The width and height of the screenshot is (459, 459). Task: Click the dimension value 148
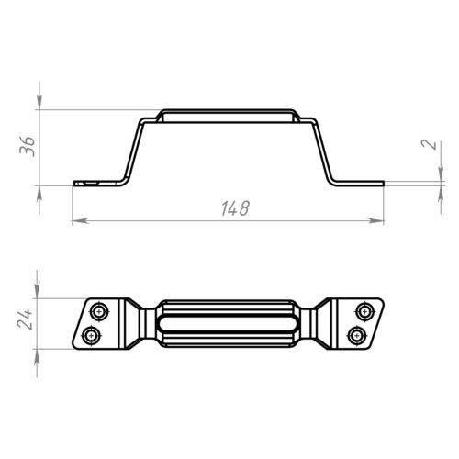click(235, 208)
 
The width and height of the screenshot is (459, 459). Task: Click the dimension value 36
click(27, 146)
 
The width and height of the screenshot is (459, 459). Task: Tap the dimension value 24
click(25, 319)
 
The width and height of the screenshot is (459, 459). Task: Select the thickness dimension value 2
click(429, 144)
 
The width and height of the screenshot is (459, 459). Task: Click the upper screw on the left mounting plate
click(99, 312)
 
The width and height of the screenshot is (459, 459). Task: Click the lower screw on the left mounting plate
click(91, 336)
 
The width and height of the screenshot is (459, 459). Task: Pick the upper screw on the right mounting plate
click(364, 312)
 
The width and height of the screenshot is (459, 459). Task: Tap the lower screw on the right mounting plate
click(357, 336)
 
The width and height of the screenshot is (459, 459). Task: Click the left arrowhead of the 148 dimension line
click(81, 221)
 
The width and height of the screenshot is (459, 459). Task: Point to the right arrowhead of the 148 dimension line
click(375, 221)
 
